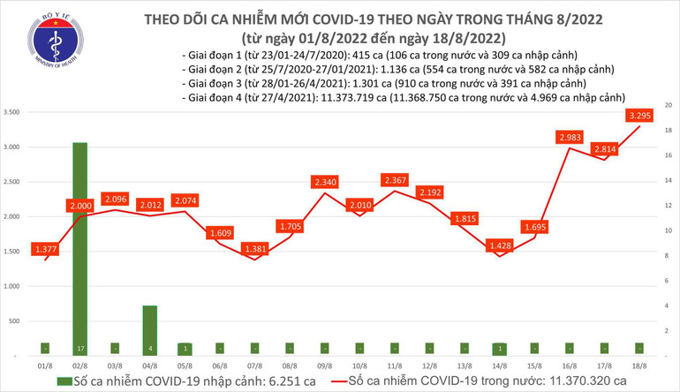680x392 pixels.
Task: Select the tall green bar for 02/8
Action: (x=79, y=247)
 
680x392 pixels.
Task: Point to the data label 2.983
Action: (x=570, y=137)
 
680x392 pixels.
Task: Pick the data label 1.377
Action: (x=44, y=250)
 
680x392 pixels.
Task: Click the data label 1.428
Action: (x=501, y=245)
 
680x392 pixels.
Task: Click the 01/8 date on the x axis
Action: (x=44, y=365)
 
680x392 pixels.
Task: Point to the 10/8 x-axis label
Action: (x=360, y=365)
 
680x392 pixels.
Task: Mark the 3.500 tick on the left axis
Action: (x=13, y=113)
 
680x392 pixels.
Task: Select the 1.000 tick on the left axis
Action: (x=13, y=286)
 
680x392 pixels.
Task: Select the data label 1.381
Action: (x=254, y=249)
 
